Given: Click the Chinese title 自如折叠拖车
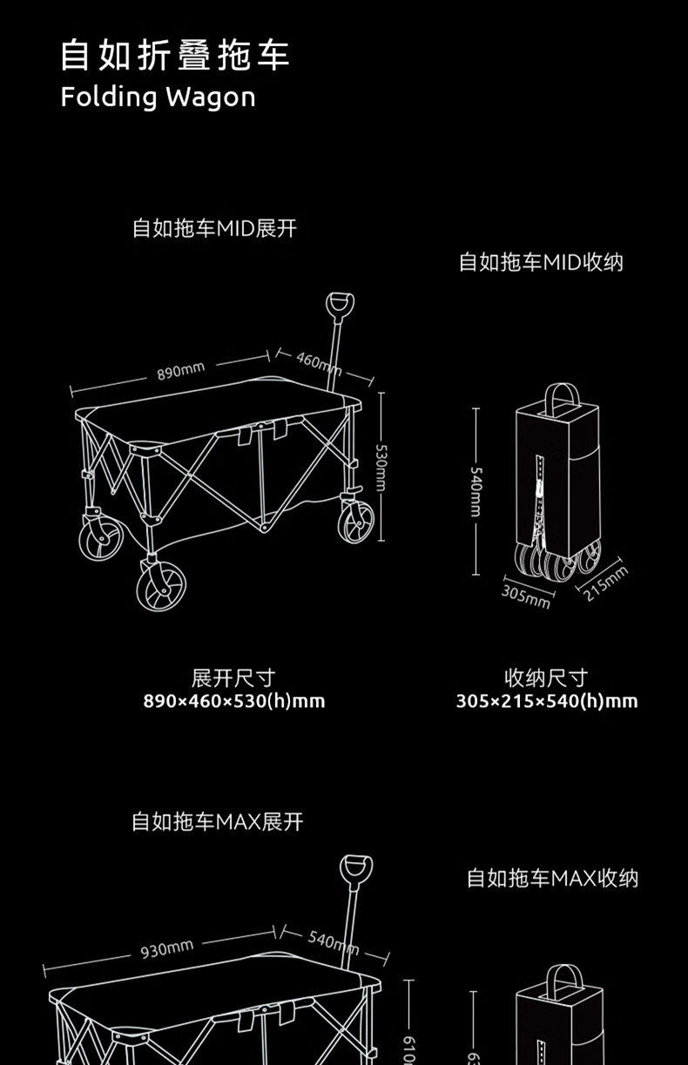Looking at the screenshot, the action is point(174,55).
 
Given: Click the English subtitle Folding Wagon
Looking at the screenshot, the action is point(158,97).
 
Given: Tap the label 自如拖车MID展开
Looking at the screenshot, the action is point(214,229).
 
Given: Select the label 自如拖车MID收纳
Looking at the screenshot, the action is point(541,262).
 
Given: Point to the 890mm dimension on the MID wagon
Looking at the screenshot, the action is point(180,371).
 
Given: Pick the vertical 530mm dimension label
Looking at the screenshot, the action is point(381,470).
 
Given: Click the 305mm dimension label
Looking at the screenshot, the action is point(526,597).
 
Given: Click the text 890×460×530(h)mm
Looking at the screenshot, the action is point(233,701).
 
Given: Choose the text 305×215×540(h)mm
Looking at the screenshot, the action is point(547,701).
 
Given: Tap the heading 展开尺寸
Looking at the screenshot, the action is point(233,677).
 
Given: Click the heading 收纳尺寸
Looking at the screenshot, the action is point(547,677).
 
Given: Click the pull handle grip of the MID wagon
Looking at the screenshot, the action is point(340,306).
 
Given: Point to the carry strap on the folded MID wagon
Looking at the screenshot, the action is point(562,398).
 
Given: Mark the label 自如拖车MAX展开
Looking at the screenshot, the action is point(217,822).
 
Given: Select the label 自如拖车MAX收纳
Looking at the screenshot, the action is point(552,878).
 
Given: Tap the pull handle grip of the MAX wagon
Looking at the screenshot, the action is point(355,870).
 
